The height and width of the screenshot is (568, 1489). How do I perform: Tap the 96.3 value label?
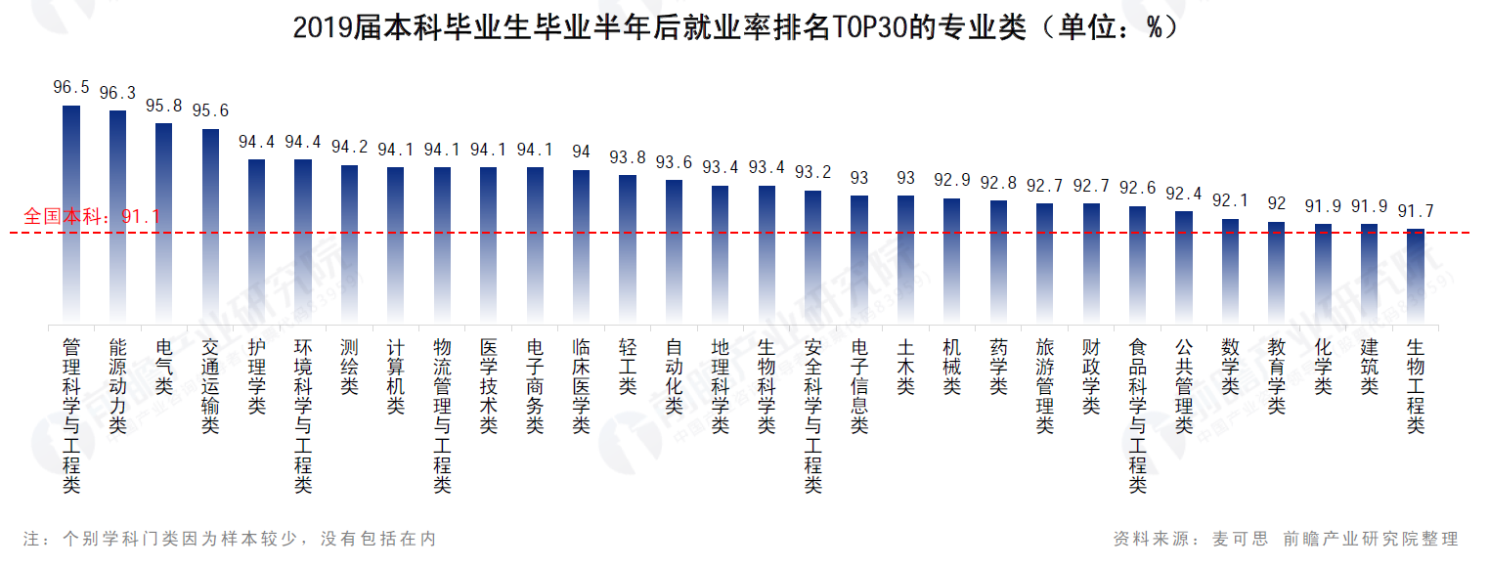click(x=117, y=93)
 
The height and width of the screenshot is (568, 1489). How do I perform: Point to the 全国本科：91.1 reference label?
click(x=92, y=216)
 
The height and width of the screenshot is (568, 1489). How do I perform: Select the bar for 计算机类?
click(x=396, y=244)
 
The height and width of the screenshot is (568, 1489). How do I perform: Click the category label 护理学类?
click(x=256, y=376)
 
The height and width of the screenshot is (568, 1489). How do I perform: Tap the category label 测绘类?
click(x=349, y=367)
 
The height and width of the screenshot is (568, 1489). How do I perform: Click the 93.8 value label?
click(x=627, y=157)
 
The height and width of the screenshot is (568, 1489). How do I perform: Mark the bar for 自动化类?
click(x=674, y=250)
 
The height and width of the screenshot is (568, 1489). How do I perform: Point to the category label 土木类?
click(x=905, y=367)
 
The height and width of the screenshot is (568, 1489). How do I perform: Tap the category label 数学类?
click(x=1230, y=367)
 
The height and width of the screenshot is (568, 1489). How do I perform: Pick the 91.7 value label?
click(x=1415, y=211)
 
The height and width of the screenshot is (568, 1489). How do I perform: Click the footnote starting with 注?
click(x=229, y=539)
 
